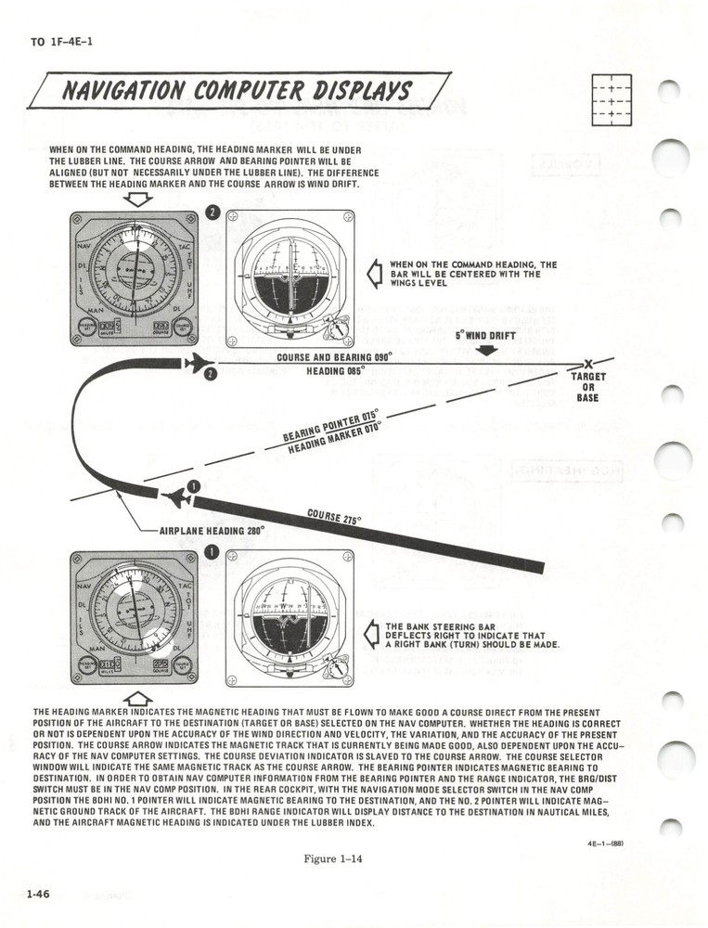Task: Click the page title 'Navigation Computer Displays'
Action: [237, 91]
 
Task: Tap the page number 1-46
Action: [38, 894]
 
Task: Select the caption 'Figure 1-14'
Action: [332, 858]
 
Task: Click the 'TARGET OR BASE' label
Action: [590, 387]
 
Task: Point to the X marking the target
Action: [588, 364]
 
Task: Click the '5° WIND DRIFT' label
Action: [485, 336]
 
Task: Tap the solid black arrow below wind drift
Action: [486, 350]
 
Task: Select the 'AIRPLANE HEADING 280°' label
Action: [212, 530]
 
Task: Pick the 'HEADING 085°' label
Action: [335, 370]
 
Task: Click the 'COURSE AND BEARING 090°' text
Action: [334, 357]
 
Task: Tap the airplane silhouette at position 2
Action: [196, 362]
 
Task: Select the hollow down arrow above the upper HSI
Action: [137, 199]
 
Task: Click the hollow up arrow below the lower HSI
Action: [137, 697]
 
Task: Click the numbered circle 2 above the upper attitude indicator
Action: [212, 212]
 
